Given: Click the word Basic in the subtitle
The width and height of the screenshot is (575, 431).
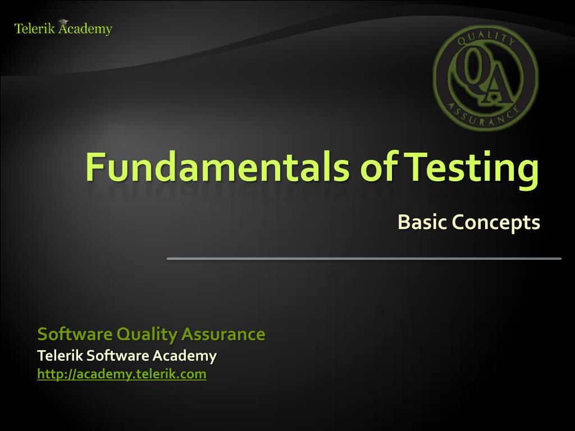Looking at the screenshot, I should (x=422, y=222).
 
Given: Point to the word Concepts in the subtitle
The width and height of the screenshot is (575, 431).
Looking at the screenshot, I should (x=496, y=223).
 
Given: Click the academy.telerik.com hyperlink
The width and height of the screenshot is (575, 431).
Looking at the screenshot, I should (x=122, y=374).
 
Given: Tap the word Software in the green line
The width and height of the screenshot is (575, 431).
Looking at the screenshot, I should (x=75, y=334).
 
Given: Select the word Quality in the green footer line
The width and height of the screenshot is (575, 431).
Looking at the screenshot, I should (x=147, y=334).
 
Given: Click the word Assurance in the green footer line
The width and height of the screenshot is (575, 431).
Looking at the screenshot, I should (x=223, y=334).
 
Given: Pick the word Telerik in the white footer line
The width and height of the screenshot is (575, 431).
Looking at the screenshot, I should (x=60, y=355).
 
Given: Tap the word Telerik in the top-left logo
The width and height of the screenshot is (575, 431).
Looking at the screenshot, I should (x=34, y=29).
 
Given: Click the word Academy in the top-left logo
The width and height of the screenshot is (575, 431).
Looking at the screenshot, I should (x=85, y=29).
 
